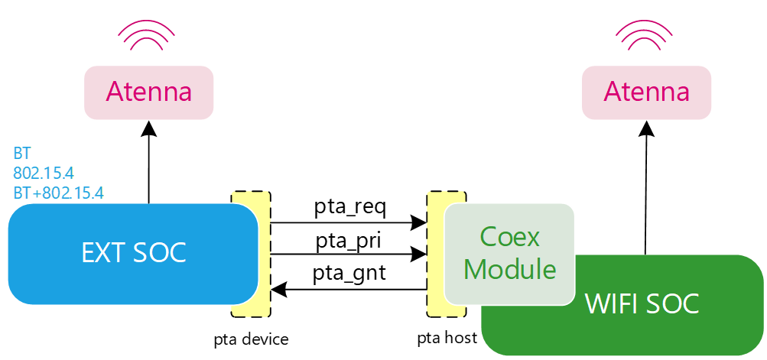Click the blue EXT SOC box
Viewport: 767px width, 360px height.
coord(134,252)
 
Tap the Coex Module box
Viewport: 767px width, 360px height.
coord(509,253)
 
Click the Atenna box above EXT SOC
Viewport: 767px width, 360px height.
coord(148,92)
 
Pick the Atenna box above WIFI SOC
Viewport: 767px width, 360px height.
coord(646,92)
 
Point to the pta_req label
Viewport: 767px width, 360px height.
coord(350,207)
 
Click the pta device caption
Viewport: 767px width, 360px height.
coord(251,339)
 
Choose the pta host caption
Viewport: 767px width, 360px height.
coord(447,337)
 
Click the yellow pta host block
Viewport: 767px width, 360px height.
coord(436,252)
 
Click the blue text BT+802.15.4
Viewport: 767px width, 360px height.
coord(58,191)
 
